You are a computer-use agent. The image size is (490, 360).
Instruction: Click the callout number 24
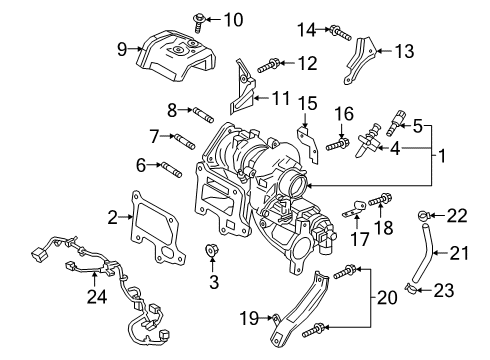[97, 296]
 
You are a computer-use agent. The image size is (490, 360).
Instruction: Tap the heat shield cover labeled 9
[175, 56]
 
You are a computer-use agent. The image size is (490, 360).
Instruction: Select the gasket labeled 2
[156, 229]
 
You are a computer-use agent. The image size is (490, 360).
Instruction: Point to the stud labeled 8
[202, 114]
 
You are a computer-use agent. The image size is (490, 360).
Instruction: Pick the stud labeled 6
[171, 169]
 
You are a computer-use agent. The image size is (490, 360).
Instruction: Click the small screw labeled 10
[199, 22]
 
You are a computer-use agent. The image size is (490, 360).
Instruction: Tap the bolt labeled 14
[340, 33]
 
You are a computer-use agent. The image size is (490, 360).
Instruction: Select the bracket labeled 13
[359, 61]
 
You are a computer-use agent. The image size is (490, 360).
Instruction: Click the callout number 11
[281, 98]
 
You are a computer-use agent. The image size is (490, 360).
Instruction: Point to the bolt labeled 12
[269, 66]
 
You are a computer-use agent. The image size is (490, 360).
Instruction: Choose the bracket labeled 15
[308, 144]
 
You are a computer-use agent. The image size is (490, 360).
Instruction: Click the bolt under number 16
[338, 145]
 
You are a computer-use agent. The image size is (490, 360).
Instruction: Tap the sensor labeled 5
[395, 123]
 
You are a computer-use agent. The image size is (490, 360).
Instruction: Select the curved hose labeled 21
[422, 253]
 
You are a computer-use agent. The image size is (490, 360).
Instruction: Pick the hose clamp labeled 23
[411, 290]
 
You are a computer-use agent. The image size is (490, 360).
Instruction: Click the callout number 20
[387, 297]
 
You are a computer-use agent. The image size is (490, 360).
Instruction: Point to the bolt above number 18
[380, 200]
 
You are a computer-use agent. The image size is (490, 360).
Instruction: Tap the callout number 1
[442, 156]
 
